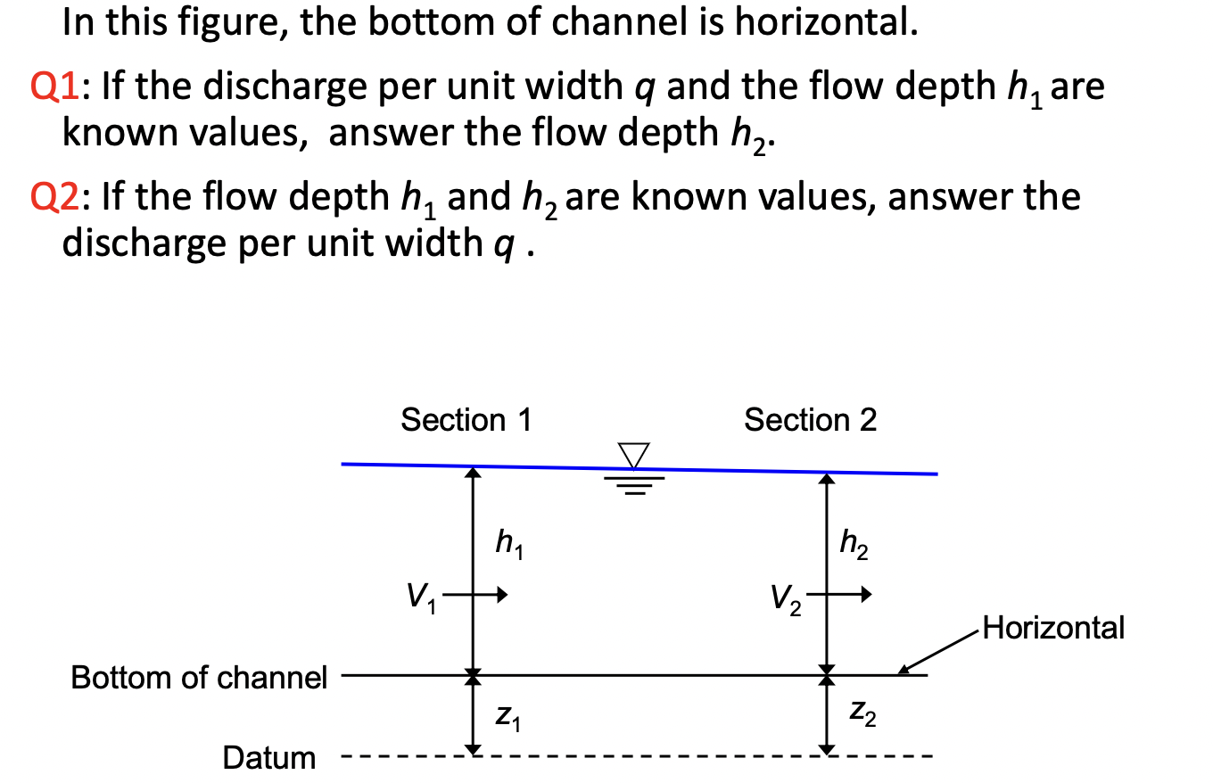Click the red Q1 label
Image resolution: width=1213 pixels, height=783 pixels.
tap(80, 88)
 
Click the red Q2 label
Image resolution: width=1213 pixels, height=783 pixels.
tap(80, 196)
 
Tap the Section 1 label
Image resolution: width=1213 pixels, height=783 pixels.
tap(466, 419)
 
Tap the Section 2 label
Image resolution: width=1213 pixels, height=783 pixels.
tap(810, 419)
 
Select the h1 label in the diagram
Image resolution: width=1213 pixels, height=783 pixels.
tap(508, 542)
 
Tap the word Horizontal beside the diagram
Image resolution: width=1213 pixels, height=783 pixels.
tap(1052, 628)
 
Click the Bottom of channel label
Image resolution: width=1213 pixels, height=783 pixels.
tap(200, 678)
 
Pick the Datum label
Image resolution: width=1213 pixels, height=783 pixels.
tap(268, 758)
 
